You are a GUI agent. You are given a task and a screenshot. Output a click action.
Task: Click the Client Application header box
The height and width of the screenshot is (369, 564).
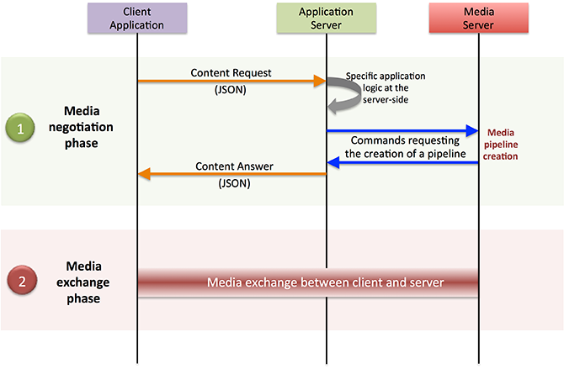pyautogui.click(x=136, y=19)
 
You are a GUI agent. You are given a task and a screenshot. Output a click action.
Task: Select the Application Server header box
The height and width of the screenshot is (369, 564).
pyautogui.click(x=325, y=19)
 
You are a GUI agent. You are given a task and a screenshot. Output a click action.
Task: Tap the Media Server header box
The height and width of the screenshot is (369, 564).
pyautogui.click(x=479, y=19)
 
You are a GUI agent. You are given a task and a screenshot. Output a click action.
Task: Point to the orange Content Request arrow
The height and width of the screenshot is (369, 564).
pyautogui.click(x=231, y=82)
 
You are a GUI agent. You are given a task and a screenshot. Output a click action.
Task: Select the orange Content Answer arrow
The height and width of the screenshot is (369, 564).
pyautogui.click(x=231, y=175)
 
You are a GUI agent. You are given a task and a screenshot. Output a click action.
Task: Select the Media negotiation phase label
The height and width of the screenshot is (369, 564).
pyautogui.click(x=92, y=127)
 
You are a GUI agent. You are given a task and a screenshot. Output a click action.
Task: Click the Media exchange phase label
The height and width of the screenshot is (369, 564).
pyautogui.click(x=92, y=282)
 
